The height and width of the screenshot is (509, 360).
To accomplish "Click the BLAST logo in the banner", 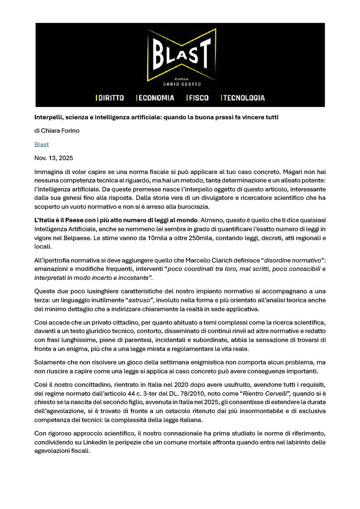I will [x=180, y=54].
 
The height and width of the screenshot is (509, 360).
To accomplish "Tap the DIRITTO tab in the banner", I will [x=110, y=98].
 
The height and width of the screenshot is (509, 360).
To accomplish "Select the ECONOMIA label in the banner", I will [x=156, y=98].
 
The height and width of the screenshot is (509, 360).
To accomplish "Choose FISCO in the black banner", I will [x=198, y=98].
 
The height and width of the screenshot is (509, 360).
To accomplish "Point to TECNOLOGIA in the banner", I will [x=243, y=98].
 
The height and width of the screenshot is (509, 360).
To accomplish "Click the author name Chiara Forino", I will [x=63, y=131].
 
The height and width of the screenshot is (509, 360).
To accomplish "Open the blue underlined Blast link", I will [x=42, y=145].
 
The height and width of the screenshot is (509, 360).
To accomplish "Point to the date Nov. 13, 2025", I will [x=54, y=159].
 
